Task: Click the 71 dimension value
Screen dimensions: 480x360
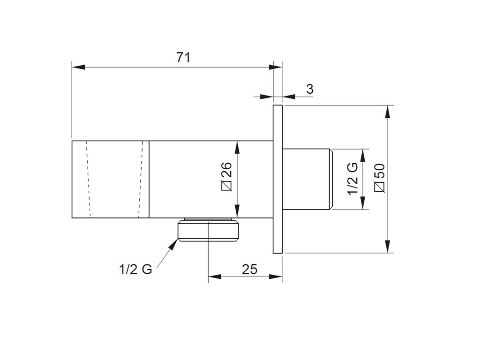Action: point(183,58)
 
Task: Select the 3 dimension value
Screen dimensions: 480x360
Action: point(310,89)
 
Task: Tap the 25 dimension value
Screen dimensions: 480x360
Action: point(249,270)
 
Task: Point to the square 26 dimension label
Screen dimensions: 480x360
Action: point(226,176)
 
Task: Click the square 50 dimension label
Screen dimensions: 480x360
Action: point(380,178)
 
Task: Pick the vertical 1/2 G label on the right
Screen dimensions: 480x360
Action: point(352,179)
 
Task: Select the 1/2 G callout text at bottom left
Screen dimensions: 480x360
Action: point(135,270)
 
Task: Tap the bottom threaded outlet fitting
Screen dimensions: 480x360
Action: point(208,230)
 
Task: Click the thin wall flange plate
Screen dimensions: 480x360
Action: point(277,179)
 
